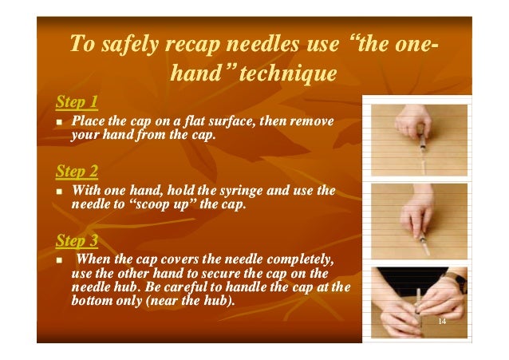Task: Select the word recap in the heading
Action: (203, 45)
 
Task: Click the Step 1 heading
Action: (77, 102)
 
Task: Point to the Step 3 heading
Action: (77, 240)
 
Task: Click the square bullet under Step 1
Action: (61, 122)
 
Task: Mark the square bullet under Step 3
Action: (61, 261)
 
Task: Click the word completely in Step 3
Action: (299, 260)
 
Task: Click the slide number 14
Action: (441, 320)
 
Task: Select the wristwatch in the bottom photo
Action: (461, 282)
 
